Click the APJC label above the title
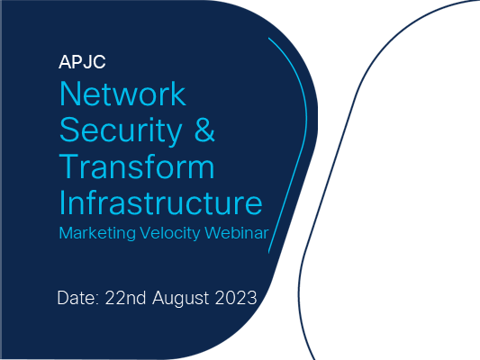pyautogui.click(x=82, y=62)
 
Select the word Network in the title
pyautogui.click(x=122, y=94)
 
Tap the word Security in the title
pyautogui.click(x=121, y=131)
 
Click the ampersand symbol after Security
pyautogui.click(x=204, y=130)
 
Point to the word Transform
pyautogui.click(x=137, y=166)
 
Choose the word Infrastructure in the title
pyautogui.click(x=160, y=202)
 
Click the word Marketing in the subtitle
pyautogui.click(x=97, y=234)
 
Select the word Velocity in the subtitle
pyautogui.click(x=170, y=234)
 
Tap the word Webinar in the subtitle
pyautogui.click(x=237, y=233)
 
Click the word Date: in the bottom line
pyautogui.click(x=77, y=298)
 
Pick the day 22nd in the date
pyautogui.click(x=125, y=298)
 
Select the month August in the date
pyautogui.click(x=181, y=298)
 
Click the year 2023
pyautogui.click(x=236, y=298)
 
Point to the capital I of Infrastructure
pyautogui.click(x=61, y=202)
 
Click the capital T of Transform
pyautogui.click(x=69, y=166)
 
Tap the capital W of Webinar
pyautogui.click(x=213, y=233)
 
